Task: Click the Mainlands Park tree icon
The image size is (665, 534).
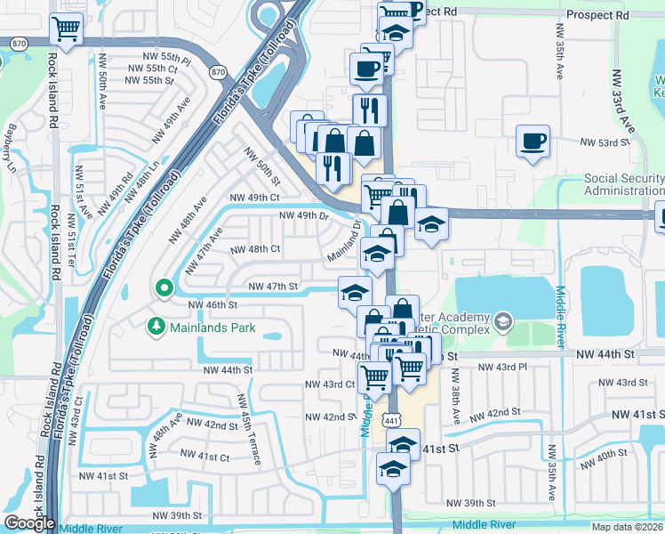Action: tap(156, 328)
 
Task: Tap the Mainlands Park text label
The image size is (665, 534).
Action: tap(212, 328)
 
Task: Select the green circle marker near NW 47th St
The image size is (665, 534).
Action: tap(164, 287)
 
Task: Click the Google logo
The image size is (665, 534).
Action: tap(30, 523)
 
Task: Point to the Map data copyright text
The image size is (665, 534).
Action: tap(627, 526)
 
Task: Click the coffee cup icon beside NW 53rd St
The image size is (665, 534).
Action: tap(533, 142)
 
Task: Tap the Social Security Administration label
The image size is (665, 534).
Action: tap(624, 184)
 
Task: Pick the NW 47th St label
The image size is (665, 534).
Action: tap(272, 287)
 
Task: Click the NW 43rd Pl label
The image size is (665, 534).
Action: tap(502, 367)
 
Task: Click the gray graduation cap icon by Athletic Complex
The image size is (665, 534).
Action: tap(502, 320)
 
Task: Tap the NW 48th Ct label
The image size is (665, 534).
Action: tap(256, 249)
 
